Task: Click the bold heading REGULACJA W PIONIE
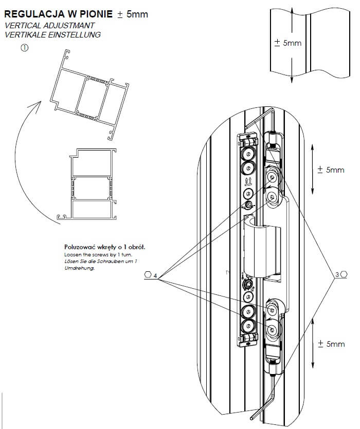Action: [58, 14]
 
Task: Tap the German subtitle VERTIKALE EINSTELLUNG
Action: [52, 34]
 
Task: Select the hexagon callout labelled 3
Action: [341, 275]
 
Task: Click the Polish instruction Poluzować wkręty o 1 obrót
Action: [104, 247]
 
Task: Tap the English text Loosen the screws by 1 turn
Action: [94, 254]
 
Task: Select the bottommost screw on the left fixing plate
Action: [248, 326]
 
